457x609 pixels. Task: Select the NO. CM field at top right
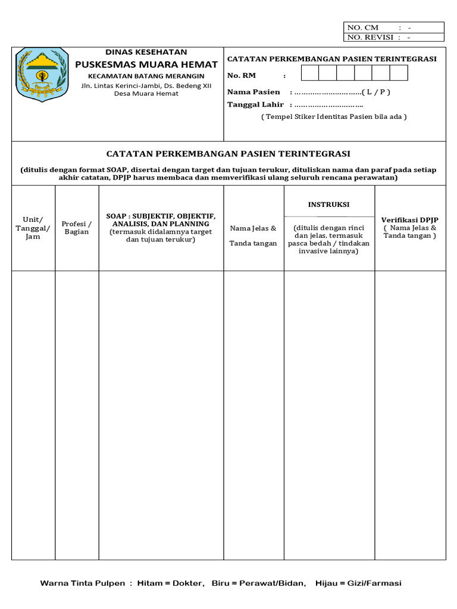coord(393,27)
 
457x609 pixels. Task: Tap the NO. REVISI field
coord(393,37)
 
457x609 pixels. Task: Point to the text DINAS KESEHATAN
coord(146,52)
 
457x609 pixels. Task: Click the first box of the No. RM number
coord(310,73)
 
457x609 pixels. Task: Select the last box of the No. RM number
coord(399,73)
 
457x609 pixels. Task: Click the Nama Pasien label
coord(253,92)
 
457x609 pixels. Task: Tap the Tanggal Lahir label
coord(255,105)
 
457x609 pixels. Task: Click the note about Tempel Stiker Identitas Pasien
coord(334,117)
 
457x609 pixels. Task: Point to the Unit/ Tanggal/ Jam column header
coord(33,228)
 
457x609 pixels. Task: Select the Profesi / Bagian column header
coord(77,228)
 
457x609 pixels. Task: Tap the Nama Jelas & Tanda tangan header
coord(253,236)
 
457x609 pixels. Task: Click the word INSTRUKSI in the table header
coord(328,205)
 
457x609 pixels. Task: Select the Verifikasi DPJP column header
coord(410,228)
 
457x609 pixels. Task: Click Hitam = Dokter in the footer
coord(170,583)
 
